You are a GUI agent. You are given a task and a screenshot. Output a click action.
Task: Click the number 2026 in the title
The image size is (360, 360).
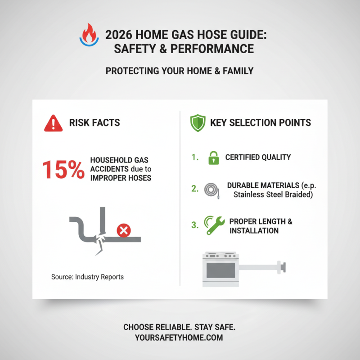click(x=118, y=35)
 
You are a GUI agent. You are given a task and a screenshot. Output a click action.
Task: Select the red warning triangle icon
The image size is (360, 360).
click(x=53, y=123)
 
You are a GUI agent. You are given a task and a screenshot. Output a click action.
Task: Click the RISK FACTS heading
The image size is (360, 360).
click(x=94, y=122)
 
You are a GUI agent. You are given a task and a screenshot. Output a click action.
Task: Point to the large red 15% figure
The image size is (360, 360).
click(x=63, y=170)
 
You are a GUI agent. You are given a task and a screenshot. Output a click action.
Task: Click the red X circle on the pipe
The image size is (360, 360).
click(x=123, y=231)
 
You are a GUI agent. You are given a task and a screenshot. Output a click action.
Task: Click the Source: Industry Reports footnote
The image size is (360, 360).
click(x=87, y=277)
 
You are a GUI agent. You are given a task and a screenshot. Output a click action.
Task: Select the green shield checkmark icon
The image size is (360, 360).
click(x=198, y=123)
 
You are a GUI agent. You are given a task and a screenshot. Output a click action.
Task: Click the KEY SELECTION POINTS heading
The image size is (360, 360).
click(x=261, y=123)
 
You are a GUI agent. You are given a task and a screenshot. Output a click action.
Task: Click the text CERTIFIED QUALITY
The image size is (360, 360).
click(x=258, y=157)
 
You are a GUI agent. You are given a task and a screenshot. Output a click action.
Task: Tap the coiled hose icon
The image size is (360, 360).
click(x=211, y=189)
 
